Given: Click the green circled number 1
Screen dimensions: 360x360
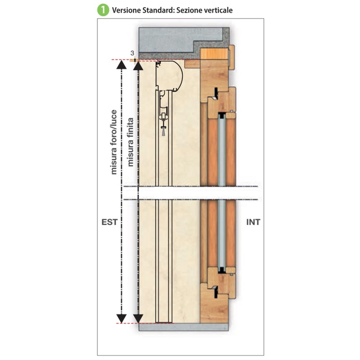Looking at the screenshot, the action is [x=103, y=10].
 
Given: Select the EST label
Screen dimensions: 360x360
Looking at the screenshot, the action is [x=109, y=222].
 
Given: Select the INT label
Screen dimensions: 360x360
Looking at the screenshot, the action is [x=253, y=222].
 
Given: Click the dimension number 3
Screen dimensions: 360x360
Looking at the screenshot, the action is [x=132, y=53].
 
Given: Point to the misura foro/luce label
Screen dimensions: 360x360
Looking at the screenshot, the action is [x=114, y=142].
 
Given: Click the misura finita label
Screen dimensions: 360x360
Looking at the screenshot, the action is [x=130, y=142].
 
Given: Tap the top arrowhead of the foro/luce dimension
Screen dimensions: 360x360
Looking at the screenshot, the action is [x=121, y=64].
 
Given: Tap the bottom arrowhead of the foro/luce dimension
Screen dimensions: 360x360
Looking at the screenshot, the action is [x=121, y=319].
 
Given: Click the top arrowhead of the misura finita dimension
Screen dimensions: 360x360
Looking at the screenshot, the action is [x=138, y=65].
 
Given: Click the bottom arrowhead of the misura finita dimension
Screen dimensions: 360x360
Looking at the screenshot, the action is [x=138, y=319].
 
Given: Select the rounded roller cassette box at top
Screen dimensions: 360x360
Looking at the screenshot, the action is [x=169, y=76].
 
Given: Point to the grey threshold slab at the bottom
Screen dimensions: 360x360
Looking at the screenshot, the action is [x=184, y=327].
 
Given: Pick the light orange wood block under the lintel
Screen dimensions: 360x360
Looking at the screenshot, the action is [x=214, y=54].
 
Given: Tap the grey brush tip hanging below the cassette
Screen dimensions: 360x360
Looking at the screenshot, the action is [x=163, y=131].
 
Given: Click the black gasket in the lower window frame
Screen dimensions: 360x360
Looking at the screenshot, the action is [x=216, y=292].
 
